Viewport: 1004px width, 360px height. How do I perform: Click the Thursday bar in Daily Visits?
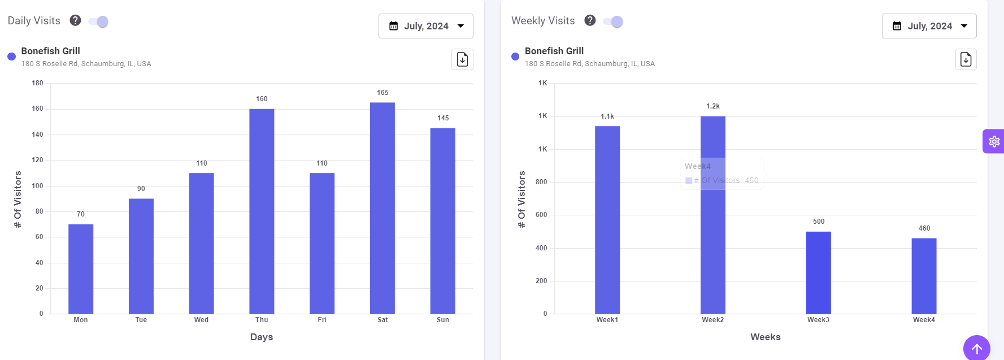coord(262,211)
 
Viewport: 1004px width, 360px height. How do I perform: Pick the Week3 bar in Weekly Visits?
coord(818,272)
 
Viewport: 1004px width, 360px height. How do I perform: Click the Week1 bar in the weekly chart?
coord(607,220)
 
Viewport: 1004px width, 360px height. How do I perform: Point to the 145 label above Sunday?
coord(443,118)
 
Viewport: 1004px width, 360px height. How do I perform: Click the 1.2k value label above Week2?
coord(713,106)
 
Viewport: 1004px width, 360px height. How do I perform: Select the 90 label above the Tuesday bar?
coord(141,189)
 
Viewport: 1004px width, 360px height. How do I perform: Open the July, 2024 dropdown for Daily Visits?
coord(426,26)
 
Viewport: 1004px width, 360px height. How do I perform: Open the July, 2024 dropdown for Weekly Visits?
coord(929,26)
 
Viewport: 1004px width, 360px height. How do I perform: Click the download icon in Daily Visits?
coord(462,59)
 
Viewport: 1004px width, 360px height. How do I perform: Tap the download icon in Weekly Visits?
coord(966,59)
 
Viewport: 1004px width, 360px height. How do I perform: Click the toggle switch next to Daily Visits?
coord(99,21)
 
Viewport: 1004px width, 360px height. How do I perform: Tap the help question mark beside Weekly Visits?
coord(590,20)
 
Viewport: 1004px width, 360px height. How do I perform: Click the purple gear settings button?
coord(994,141)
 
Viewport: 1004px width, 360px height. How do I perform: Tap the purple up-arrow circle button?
coord(976,349)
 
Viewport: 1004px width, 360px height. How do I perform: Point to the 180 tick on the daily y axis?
coord(38,83)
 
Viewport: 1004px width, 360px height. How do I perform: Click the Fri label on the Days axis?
coord(322,320)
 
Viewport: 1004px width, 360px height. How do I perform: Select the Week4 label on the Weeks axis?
coord(924,320)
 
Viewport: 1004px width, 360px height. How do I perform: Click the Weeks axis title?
coord(765,337)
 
